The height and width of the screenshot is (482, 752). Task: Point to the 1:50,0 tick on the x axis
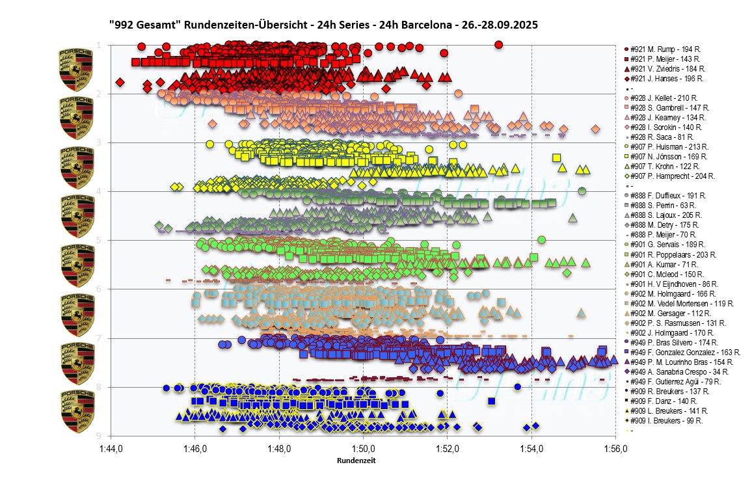click(x=363, y=449)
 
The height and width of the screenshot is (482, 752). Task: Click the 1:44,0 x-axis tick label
click(x=111, y=449)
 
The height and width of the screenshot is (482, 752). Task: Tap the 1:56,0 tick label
click(x=615, y=449)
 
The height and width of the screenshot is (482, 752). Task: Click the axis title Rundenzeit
click(x=356, y=461)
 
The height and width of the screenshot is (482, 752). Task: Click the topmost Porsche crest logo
click(x=75, y=68)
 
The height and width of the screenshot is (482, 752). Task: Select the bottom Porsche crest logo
click(x=75, y=411)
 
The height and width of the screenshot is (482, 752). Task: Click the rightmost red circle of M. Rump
click(x=498, y=44)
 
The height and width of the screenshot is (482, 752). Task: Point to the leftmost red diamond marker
click(x=120, y=82)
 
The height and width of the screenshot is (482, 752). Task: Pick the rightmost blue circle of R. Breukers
click(x=518, y=386)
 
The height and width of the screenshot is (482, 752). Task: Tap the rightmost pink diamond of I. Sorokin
click(x=595, y=129)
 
